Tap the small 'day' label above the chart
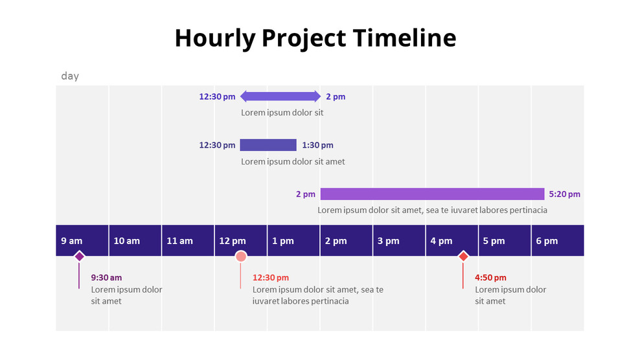[x=70, y=76]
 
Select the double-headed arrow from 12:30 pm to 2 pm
[x=280, y=96]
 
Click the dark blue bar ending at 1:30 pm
[x=268, y=145]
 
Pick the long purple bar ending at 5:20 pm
[x=432, y=194]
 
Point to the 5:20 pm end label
[x=564, y=194]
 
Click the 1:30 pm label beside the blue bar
[x=317, y=145]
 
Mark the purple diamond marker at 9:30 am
[x=79, y=256]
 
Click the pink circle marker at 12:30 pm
[x=241, y=256]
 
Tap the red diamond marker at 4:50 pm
[x=463, y=256]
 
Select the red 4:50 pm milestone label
[x=490, y=278]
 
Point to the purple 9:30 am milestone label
[x=106, y=278]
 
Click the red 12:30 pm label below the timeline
[x=271, y=278]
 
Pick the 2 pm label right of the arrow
[x=336, y=96]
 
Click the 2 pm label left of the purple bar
[x=306, y=194]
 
